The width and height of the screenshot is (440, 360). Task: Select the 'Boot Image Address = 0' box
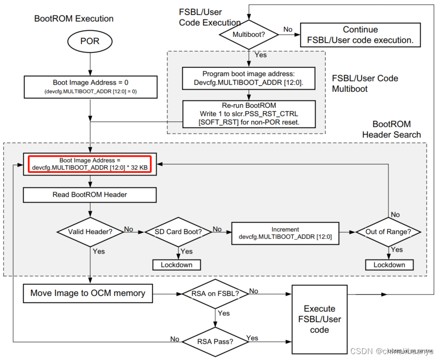90,87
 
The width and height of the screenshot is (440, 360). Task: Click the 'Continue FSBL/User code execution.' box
360,35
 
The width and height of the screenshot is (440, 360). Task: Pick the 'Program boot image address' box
248,78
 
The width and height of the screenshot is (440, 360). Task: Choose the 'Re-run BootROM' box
248,114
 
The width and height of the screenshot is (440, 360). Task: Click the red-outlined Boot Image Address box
90,164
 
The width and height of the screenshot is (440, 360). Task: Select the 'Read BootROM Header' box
90,195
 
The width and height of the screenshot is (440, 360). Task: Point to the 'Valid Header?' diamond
90,232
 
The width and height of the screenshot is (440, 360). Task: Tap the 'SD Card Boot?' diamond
178,232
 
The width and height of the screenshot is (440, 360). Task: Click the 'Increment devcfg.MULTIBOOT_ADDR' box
285,233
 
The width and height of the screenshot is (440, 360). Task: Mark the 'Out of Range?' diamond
388,232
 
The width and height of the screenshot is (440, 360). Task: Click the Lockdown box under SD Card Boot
177,265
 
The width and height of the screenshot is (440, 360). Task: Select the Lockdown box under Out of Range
389,265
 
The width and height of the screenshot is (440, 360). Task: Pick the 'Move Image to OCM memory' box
87,294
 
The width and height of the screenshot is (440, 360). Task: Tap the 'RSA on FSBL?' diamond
215,294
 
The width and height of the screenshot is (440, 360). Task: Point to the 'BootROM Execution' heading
74,19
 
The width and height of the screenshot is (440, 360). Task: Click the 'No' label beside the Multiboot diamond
288,30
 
